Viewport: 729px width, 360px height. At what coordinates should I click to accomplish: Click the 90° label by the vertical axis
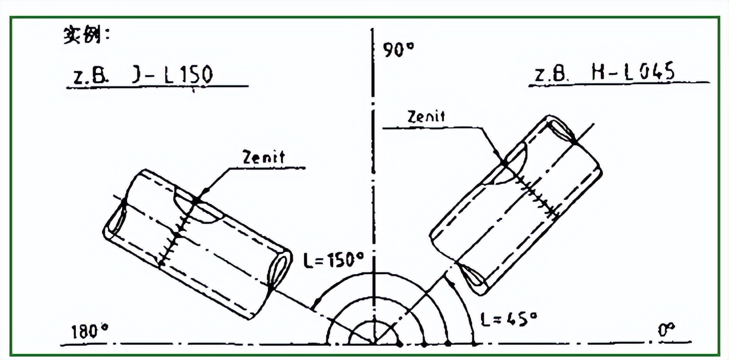pyautogui.click(x=398, y=50)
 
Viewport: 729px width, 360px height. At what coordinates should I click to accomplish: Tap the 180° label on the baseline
pyautogui.click(x=89, y=332)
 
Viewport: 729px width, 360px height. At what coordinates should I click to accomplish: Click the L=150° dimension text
pyautogui.click(x=334, y=260)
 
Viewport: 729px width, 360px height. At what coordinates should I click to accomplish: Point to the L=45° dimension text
pyautogui.click(x=509, y=319)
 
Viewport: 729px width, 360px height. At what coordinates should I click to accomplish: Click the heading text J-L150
pyautogui.click(x=173, y=74)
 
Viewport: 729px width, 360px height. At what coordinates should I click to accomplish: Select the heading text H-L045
pyautogui.click(x=633, y=72)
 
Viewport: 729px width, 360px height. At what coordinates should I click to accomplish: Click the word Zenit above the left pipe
pyautogui.click(x=264, y=157)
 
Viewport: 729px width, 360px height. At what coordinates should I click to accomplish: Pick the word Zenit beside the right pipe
pyautogui.click(x=426, y=117)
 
